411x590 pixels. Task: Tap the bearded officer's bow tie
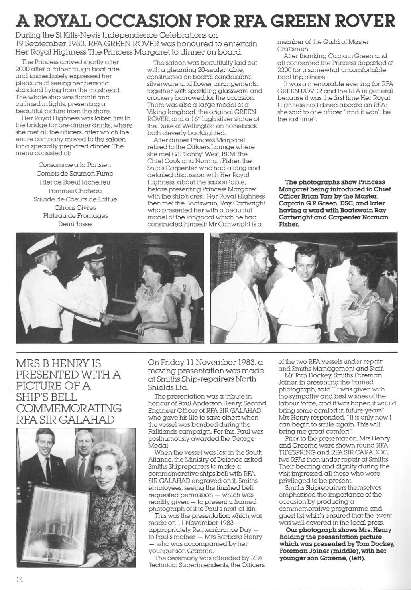[x=96, y=277]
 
